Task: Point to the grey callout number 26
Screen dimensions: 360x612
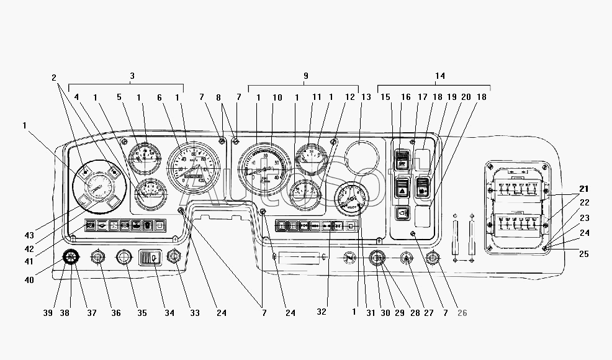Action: [x=462, y=312]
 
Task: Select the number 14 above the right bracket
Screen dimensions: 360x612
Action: [x=440, y=76]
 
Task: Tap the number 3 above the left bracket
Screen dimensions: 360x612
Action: [x=132, y=76]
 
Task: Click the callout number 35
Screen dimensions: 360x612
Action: [x=142, y=312]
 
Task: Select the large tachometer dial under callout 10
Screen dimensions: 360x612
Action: [x=263, y=167]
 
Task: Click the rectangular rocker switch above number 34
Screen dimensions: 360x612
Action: [x=150, y=257]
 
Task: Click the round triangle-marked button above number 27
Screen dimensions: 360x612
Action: [x=407, y=257]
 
